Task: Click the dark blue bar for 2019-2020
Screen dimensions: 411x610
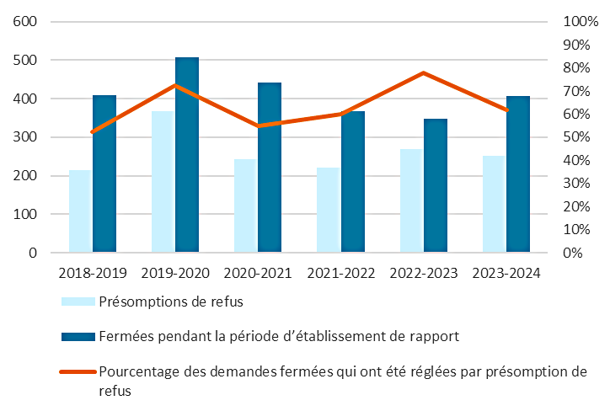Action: pos(187,155)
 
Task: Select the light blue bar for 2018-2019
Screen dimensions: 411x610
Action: pos(80,211)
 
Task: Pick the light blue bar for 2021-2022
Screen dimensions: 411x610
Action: pos(328,210)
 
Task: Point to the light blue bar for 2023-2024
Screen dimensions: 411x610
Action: pos(494,204)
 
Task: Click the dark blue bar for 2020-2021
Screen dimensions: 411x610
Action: pos(270,168)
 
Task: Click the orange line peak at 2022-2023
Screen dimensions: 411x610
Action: pos(424,73)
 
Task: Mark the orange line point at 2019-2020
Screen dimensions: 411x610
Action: pos(175,85)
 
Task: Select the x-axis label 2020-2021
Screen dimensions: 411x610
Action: pos(258,274)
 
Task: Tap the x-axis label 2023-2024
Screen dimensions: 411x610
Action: pos(506,274)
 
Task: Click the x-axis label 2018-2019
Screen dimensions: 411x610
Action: pos(93,274)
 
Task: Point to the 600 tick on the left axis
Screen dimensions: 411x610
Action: pos(25,22)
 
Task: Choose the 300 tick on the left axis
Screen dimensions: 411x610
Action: pos(25,137)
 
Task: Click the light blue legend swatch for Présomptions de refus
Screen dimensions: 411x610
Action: pos(78,302)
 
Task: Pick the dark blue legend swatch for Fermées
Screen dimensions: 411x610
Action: pos(78,337)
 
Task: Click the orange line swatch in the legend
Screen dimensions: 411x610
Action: pos(78,371)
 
